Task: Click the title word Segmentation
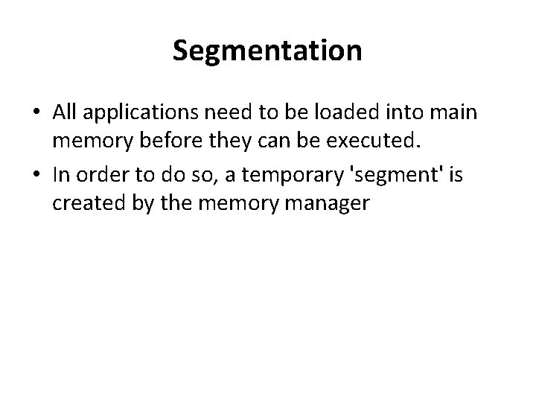click(x=267, y=51)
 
